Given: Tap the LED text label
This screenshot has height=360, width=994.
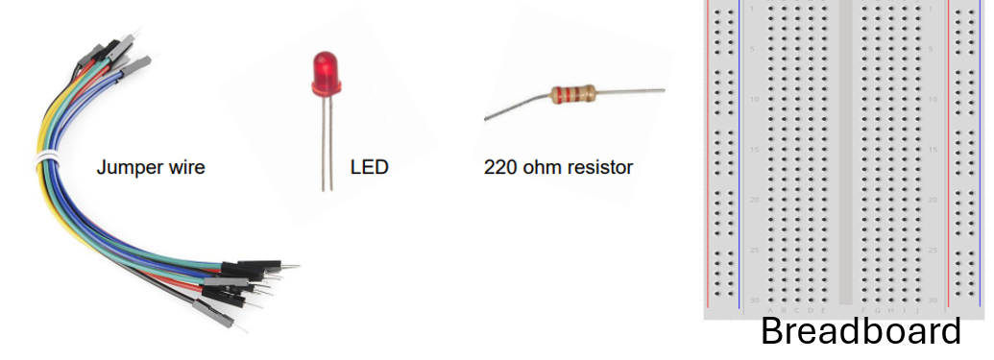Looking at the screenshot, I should click(x=369, y=168).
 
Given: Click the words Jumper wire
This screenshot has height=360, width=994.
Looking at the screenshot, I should click(x=151, y=168).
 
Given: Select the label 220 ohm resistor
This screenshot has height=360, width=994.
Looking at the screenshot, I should click(x=558, y=168).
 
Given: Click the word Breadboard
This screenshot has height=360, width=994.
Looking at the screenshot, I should click(x=860, y=332).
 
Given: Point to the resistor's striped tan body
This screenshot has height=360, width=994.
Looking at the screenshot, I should click(x=572, y=94).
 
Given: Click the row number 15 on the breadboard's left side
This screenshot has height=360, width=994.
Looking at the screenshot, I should click(x=756, y=150).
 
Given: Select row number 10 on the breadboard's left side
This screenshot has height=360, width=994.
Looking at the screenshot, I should click(x=756, y=100).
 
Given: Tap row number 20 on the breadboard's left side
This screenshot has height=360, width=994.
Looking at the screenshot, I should click(x=756, y=200).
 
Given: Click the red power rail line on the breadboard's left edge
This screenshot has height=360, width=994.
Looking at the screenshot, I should click(x=709, y=154).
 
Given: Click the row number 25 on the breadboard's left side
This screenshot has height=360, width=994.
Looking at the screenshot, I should click(x=756, y=250).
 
